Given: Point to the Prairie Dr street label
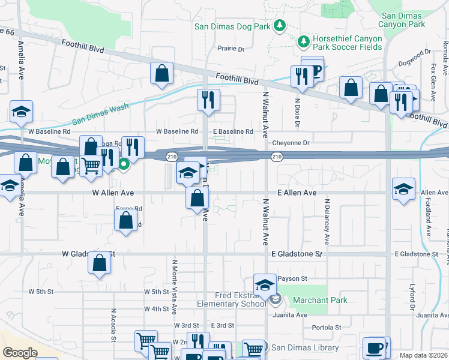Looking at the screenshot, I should point(232,49).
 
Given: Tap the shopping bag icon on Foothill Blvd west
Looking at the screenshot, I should point(161,74).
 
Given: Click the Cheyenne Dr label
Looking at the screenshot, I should point(291,143).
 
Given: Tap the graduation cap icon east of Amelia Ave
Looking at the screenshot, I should point(21,112).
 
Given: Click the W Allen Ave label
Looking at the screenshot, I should point(112,193).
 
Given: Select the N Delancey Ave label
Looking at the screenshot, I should point(327,222).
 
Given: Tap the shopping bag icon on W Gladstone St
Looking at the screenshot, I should point(100,262).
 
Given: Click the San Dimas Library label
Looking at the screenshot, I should point(305,347).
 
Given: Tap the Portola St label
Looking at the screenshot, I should point(327,328).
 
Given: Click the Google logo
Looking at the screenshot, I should point(20,353).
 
